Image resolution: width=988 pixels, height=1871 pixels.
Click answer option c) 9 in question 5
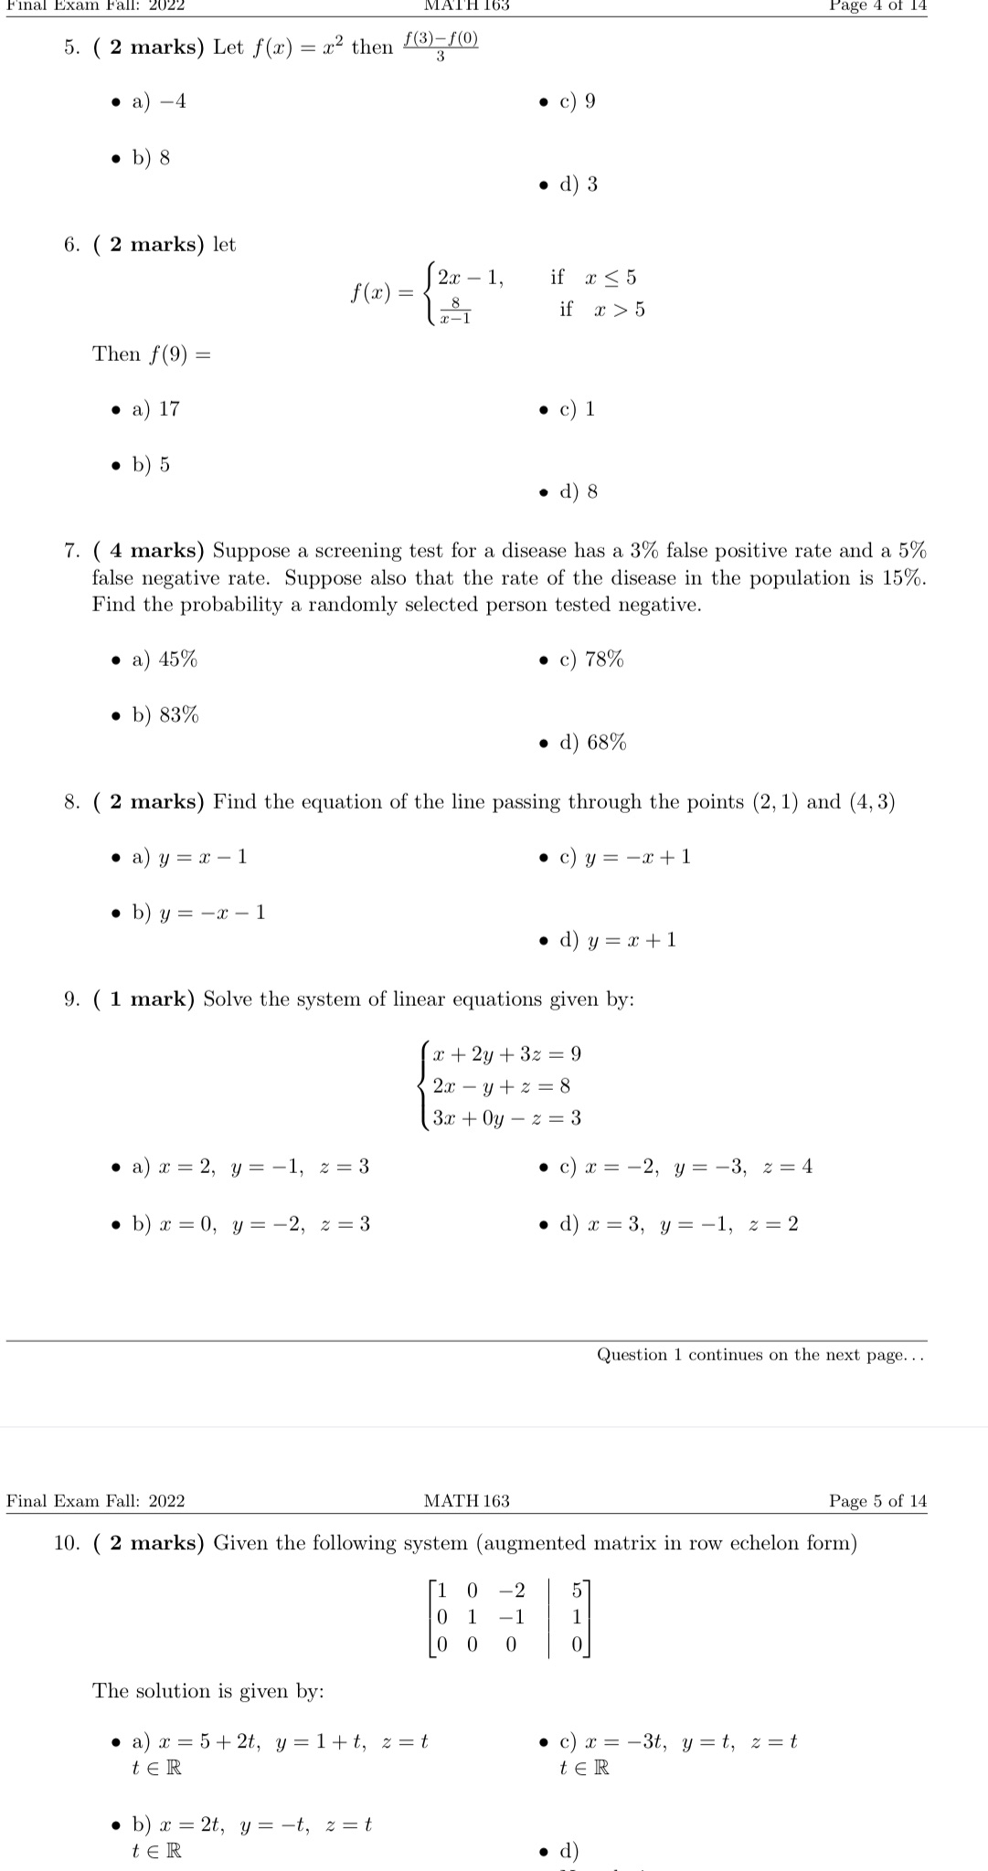(578, 101)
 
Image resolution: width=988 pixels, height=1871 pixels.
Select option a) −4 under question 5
(159, 101)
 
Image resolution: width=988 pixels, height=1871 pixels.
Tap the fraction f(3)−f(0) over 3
(441, 48)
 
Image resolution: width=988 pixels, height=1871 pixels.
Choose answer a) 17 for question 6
(156, 409)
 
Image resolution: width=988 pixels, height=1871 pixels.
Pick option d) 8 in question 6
(579, 492)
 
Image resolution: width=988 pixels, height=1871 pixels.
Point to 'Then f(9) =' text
(151, 354)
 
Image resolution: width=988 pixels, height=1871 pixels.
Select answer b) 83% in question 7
(165, 715)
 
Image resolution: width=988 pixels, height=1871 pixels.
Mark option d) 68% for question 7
(593, 743)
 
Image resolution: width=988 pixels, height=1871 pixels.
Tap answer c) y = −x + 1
(625, 857)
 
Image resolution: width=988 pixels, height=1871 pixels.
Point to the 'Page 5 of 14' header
(877, 1501)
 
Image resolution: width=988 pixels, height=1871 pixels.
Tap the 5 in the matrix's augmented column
(577, 1591)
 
